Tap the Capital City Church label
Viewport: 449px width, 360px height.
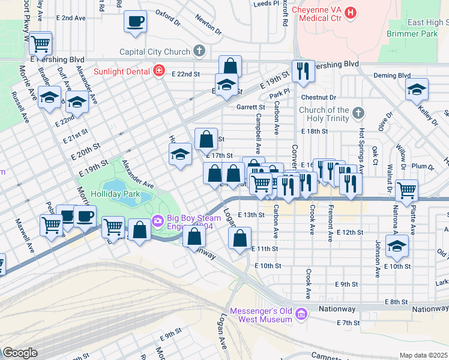(155, 52)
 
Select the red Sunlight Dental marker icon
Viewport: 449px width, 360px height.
(159, 71)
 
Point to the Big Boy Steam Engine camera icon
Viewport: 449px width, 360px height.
(158, 221)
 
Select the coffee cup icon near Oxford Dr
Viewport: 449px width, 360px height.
(135, 22)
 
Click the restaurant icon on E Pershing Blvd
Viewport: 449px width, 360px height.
(303, 71)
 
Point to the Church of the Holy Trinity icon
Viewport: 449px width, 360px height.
(358, 112)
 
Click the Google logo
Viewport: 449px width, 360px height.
(20, 353)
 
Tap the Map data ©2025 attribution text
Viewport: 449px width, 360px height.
(423, 355)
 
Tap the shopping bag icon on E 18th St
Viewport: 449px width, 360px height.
(206, 139)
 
